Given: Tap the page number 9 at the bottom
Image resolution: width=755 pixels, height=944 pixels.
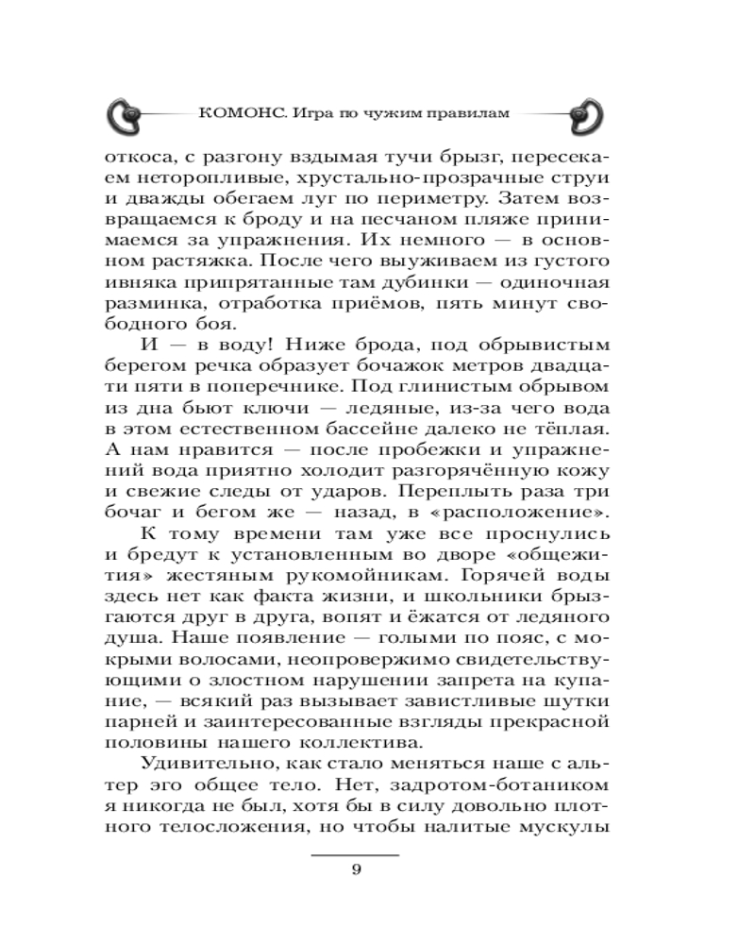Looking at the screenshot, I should pyautogui.click(x=356, y=869).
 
